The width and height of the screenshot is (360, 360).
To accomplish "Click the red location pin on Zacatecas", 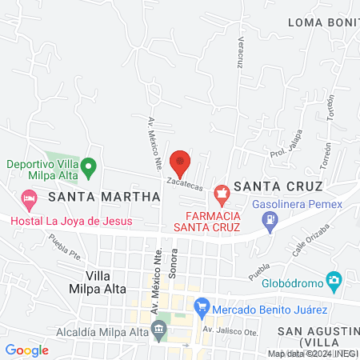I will [180, 162].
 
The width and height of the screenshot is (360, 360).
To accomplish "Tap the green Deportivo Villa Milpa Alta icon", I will [90, 169].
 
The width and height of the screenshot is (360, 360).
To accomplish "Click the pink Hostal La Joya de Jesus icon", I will [29, 197].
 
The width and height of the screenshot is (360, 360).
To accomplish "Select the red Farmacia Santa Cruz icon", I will [222, 192].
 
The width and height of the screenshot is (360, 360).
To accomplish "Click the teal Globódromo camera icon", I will [334, 281].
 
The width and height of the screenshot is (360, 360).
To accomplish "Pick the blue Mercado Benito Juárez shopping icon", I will [202, 306].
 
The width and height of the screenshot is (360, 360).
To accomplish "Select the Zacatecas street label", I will [185, 183].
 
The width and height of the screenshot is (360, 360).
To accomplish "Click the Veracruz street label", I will [238, 53].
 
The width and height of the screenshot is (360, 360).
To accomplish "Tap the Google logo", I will [27, 350].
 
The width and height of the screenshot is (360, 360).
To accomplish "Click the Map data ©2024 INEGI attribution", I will [312, 354].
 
